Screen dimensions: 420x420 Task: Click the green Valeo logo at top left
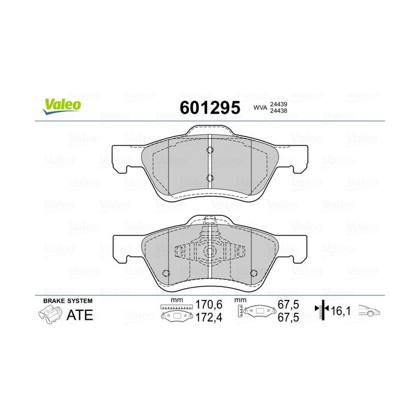(x=61, y=104)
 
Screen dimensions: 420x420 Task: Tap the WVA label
(x=260, y=108)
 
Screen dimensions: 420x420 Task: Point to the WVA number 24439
(x=282, y=104)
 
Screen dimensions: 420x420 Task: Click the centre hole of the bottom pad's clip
(x=210, y=253)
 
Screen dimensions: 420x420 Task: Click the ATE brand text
(x=80, y=315)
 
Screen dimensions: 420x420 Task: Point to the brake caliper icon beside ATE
(x=50, y=316)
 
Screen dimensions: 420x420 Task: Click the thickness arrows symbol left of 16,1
(x=320, y=311)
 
